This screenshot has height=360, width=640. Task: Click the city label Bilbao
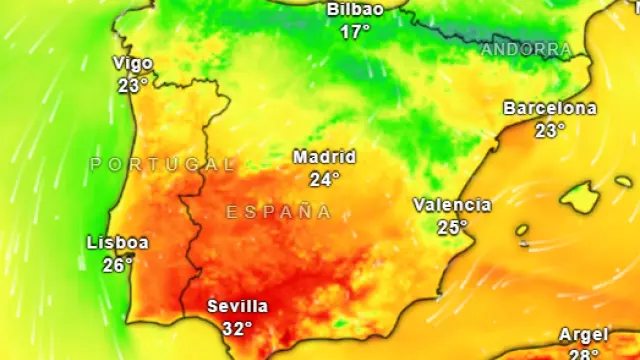point(355,10)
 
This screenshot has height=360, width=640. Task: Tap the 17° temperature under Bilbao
point(355,32)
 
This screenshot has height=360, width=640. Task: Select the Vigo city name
point(133,64)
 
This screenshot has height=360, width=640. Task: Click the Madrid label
point(324,157)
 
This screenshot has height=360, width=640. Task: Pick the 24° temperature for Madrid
point(324,179)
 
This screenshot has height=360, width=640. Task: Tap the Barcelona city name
point(549,108)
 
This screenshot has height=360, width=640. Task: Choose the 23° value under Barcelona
point(549,130)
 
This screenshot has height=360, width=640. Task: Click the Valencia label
point(452,205)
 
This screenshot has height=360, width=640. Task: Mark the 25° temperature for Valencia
point(452,227)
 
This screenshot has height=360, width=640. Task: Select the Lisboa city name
point(118,243)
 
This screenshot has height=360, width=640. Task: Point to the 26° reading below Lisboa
point(118,265)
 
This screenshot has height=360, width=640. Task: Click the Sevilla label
point(237,306)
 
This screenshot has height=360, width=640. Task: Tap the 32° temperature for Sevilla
point(237,328)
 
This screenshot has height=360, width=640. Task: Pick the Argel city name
point(582,335)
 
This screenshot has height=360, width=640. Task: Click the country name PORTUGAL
point(163,164)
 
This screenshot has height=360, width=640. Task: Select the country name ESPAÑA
point(278,212)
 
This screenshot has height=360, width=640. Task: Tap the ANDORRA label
point(526,49)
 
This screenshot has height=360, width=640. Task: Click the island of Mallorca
point(579,197)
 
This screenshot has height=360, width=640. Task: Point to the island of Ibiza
point(522,231)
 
